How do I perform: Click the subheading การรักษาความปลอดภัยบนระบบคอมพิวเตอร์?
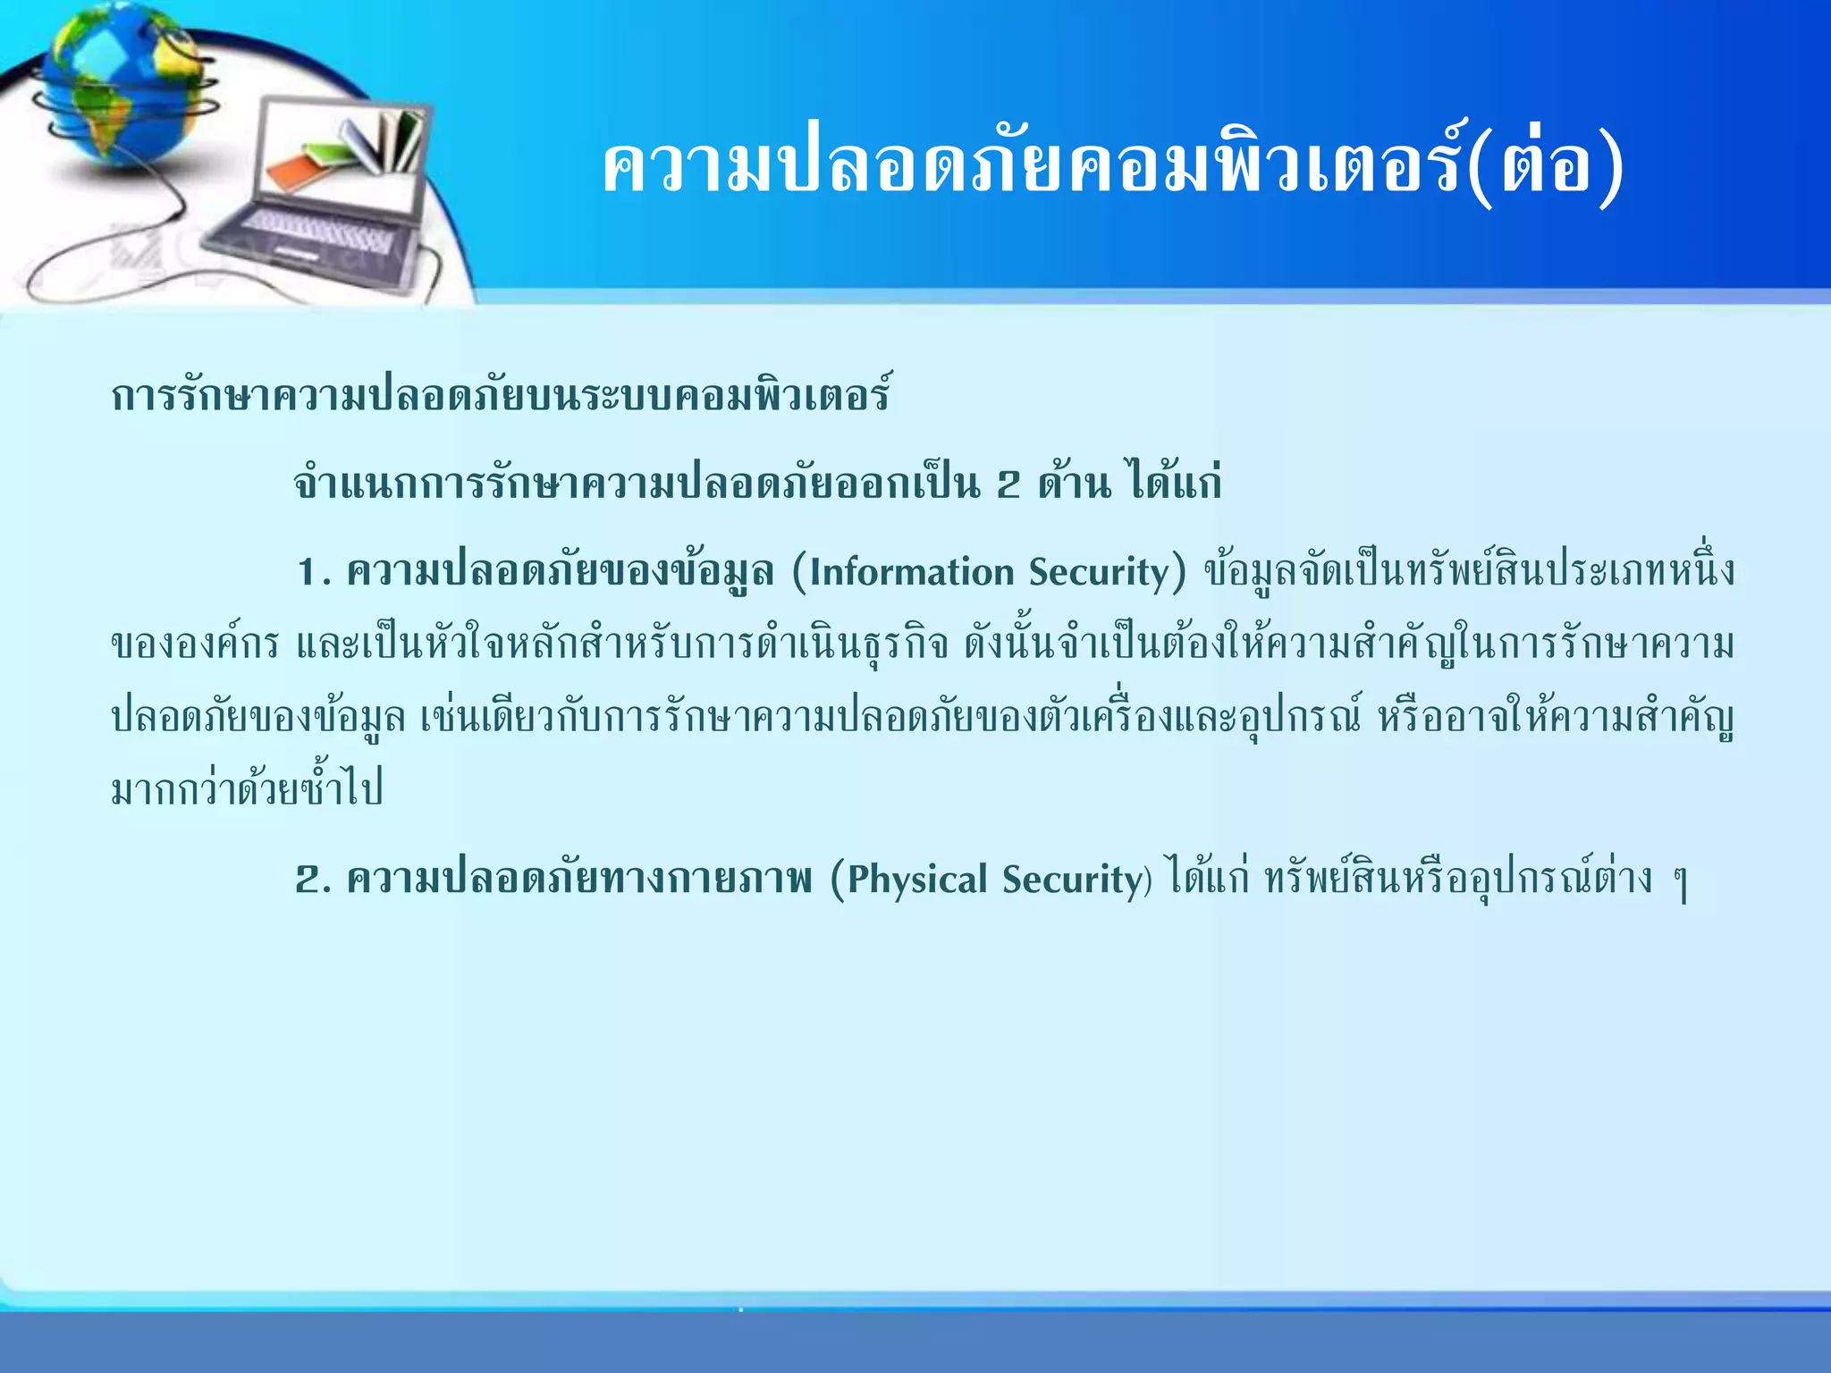point(501,396)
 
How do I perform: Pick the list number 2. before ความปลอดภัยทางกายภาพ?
point(313,880)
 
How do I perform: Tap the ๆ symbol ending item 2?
point(1681,883)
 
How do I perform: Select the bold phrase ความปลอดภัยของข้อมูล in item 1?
point(560,573)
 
